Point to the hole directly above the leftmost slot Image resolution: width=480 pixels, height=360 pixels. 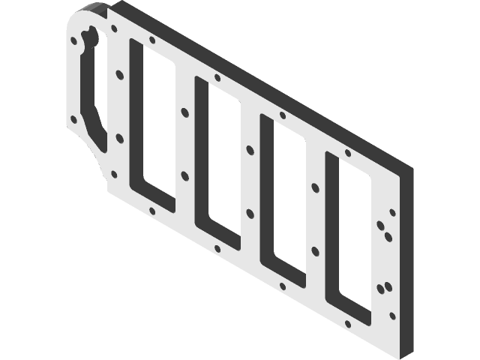point(152,40)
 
